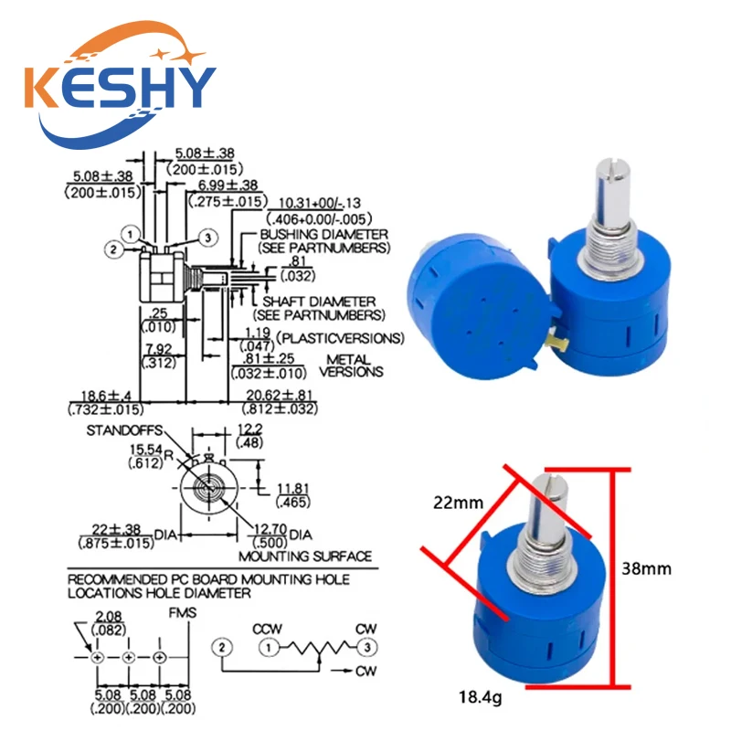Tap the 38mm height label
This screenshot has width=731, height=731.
646,568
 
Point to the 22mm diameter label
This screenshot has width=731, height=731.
459,503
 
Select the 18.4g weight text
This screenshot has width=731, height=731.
481,697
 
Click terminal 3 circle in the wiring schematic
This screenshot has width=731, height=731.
367,647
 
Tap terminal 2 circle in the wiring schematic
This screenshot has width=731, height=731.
222,647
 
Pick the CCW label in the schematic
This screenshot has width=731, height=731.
267,629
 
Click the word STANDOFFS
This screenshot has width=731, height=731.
124,430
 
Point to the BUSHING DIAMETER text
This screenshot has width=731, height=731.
324,234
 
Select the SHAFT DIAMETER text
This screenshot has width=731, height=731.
319,302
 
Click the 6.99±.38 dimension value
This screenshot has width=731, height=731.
228,185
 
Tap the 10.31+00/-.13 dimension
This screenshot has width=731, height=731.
320,203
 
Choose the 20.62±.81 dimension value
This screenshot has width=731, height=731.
279,395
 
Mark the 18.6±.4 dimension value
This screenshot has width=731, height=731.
106,396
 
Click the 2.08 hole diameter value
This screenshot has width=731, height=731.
109,616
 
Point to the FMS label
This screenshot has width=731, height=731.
182,612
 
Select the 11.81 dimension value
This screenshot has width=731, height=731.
292,488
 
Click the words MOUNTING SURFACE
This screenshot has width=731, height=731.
305,556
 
